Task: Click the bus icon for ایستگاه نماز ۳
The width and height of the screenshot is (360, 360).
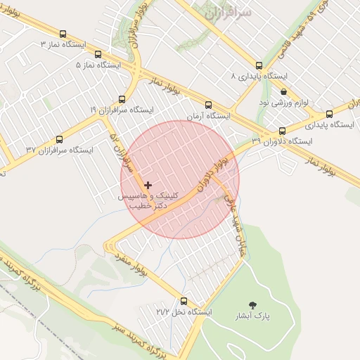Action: coord(63,33)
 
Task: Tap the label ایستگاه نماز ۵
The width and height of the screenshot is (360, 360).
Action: coord(98,65)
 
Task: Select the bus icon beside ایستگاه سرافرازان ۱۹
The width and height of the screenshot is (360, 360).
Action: coord(122,99)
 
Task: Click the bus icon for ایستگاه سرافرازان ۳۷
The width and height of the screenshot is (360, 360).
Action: coord(59,139)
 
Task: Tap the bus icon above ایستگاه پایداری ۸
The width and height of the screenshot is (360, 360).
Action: coord(259,65)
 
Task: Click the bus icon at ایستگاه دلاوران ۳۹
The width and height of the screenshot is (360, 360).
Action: coord(283,131)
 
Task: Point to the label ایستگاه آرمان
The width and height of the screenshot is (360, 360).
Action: coord(209,115)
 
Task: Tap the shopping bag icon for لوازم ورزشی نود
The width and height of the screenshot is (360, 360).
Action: coord(283,91)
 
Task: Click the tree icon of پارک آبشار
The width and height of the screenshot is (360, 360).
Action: coord(253,304)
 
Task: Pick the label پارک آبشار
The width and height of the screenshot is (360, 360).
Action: coord(253,316)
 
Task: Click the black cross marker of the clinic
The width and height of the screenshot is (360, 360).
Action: coord(147,184)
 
